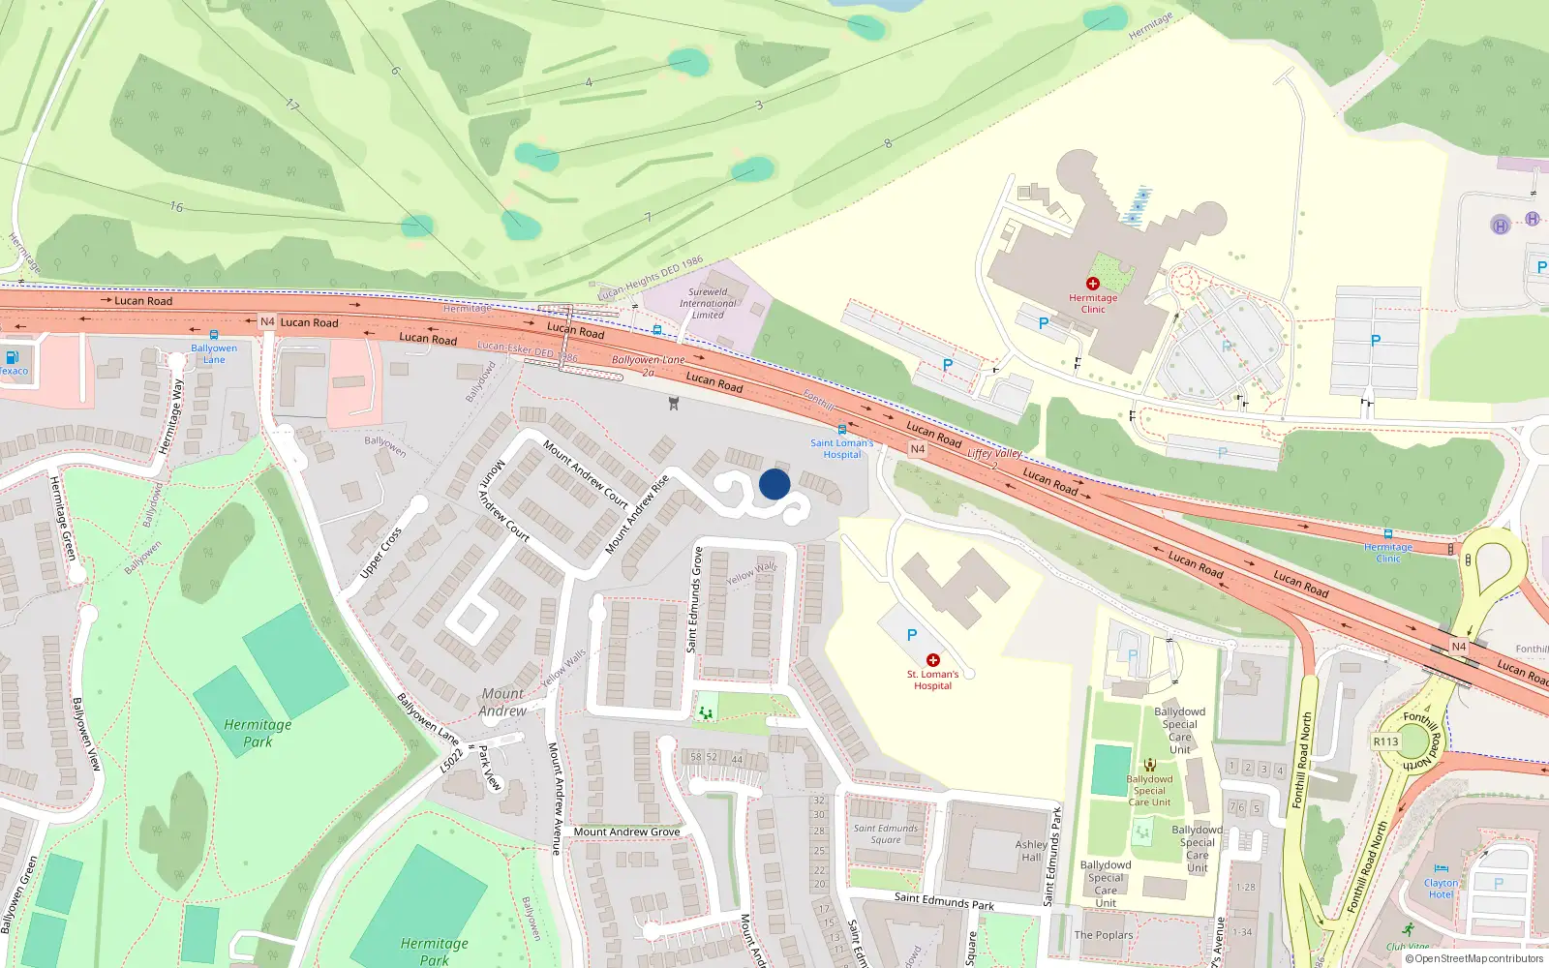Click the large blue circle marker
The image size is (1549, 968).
pyautogui.click(x=774, y=484)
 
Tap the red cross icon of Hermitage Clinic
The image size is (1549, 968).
pyautogui.click(x=1093, y=284)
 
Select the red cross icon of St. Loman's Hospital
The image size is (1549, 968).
pyautogui.click(x=933, y=660)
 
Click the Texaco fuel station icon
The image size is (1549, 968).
pyautogui.click(x=13, y=357)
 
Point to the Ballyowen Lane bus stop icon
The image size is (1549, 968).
pyautogui.click(x=214, y=335)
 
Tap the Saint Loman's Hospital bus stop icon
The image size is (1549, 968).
pyautogui.click(x=842, y=430)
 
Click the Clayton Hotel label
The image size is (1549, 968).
pyautogui.click(x=1441, y=888)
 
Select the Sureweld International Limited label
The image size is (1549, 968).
pyautogui.click(x=708, y=303)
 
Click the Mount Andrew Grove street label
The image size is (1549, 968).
pyautogui.click(x=626, y=832)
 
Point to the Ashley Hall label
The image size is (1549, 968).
pyautogui.click(x=1031, y=851)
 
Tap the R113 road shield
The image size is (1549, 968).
pyautogui.click(x=1385, y=741)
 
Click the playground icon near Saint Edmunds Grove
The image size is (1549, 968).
pyautogui.click(x=706, y=712)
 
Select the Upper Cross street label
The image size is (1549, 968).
pyautogui.click(x=380, y=554)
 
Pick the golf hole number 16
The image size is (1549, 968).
pyautogui.click(x=176, y=206)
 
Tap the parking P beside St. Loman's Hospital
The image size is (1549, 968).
pyautogui.click(x=911, y=635)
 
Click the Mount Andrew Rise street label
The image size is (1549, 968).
pyautogui.click(x=636, y=515)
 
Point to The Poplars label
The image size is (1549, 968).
pyautogui.click(x=1103, y=935)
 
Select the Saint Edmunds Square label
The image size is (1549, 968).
pyautogui.click(x=885, y=833)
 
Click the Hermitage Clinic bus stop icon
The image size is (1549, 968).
pyautogui.click(x=1387, y=534)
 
